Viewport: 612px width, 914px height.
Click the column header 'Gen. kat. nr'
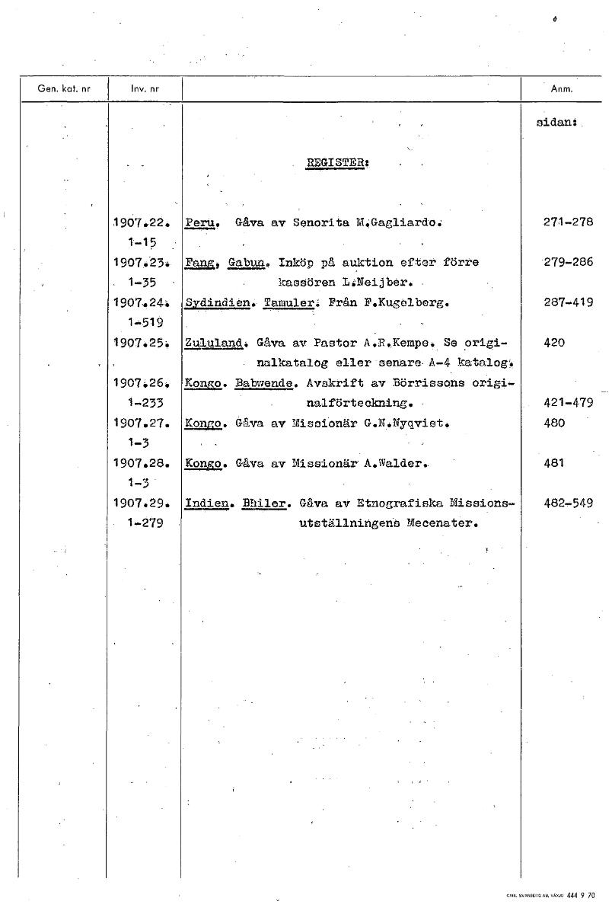tap(64, 88)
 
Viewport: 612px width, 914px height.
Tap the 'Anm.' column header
tap(561, 88)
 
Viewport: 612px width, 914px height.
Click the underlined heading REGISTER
tap(327, 163)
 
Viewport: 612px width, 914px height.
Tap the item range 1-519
tap(142, 322)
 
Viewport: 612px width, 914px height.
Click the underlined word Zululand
tap(215, 343)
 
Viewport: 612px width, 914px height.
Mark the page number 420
tap(555, 343)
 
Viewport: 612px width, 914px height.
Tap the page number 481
tap(555, 462)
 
